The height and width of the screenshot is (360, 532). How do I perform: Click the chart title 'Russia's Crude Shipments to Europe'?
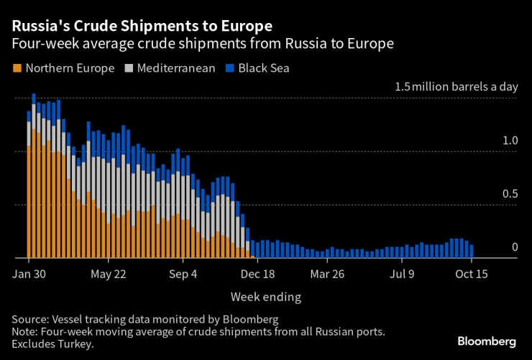tap(141, 26)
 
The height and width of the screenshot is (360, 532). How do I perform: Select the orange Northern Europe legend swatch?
tap(17, 69)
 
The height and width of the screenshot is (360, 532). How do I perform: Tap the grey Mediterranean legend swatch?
tap(130, 69)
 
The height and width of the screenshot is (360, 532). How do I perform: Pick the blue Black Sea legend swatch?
tap(230, 69)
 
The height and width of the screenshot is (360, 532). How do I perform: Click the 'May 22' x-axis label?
tap(110, 274)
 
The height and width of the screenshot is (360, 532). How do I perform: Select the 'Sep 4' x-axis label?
tap(185, 274)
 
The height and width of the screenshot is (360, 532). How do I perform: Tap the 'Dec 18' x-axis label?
tap(257, 274)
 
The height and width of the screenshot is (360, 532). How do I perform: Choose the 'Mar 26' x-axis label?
tap(329, 274)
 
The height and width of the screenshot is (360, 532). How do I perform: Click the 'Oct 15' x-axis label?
tap(472, 274)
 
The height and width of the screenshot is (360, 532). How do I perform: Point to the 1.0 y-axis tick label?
tap(510, 141)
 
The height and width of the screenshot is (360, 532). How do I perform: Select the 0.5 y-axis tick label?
tap(510, 194)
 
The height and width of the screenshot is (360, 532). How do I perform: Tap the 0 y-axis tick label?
tap(515, 247)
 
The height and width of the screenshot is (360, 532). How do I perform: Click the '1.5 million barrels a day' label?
tap(456, 87)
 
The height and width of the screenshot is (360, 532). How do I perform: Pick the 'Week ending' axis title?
tap(265, 297)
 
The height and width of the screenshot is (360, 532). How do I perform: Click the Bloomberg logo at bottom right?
tap(487, 341)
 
